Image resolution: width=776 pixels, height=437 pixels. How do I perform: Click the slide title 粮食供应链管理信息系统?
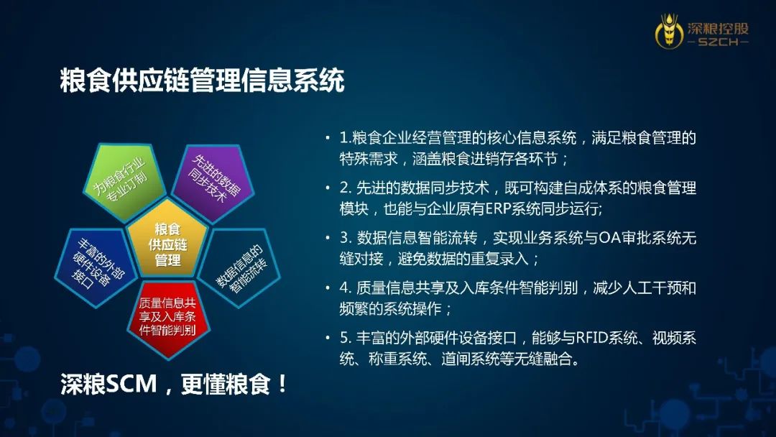pos(202,80)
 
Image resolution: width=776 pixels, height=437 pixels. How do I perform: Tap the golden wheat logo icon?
pos(669,31)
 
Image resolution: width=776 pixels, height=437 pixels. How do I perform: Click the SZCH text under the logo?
pos(718,42)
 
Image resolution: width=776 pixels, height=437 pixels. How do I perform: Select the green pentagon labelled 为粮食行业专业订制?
pos(124,180)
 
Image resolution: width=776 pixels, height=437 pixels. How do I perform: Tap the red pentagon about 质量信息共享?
pos(167,318)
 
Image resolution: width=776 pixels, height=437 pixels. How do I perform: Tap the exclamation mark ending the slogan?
pos(282,384)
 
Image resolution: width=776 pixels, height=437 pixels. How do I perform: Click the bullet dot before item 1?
pos(328,137)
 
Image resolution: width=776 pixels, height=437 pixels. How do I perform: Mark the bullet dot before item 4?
pos(328,287)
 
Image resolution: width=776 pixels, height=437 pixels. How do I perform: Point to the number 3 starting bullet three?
pos(344,238)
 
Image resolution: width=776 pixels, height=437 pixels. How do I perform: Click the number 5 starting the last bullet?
pos(344,338)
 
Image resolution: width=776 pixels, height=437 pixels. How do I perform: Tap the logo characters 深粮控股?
pos(718,27)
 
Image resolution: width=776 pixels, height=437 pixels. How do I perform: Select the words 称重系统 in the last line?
pos(397,359)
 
